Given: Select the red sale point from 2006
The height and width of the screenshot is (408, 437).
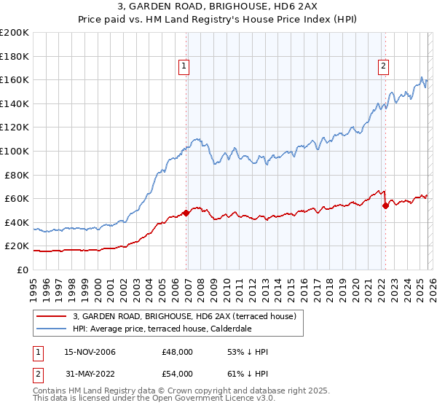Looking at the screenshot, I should point(186,213).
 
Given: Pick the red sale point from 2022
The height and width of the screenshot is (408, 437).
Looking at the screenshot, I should point(385,205).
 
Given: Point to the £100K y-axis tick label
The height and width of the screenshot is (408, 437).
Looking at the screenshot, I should point(15,151).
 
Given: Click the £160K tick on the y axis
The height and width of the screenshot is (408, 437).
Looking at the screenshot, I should point(15,79).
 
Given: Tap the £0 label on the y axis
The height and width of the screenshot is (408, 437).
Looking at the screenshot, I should point(22,270).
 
